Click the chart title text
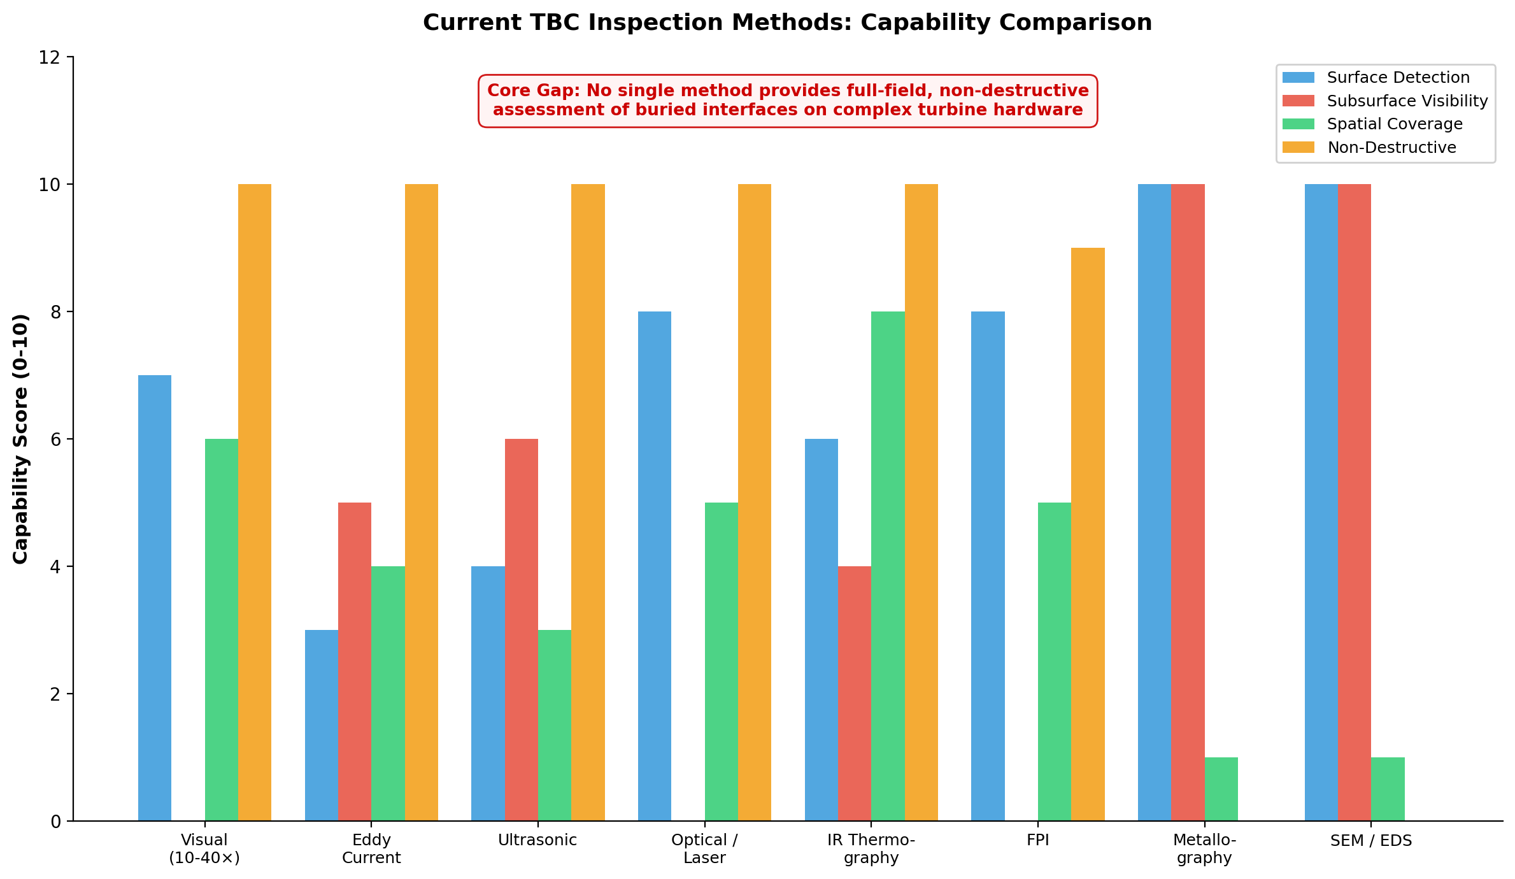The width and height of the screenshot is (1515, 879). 787,23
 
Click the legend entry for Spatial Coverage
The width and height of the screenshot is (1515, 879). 1395,124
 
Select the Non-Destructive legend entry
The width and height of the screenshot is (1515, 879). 1391,148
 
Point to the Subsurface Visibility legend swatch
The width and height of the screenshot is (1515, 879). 1298,101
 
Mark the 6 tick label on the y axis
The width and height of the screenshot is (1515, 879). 55,439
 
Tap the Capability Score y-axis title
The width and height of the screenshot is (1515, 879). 21,438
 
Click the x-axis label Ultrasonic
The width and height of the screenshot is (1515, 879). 537,840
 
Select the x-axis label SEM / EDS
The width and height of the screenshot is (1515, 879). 1371,841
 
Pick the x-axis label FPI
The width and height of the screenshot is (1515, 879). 1038,840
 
